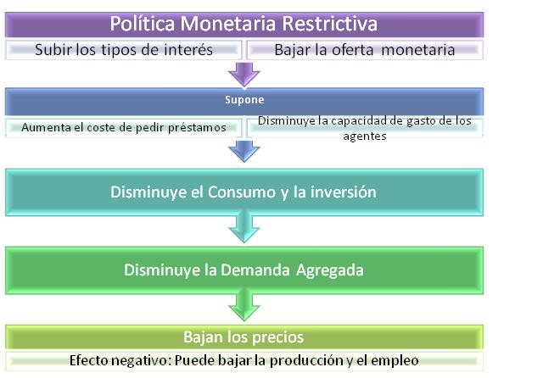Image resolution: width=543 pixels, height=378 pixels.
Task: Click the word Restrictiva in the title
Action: (329, 24)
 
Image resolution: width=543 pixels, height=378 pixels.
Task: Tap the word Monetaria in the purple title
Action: (228, 24)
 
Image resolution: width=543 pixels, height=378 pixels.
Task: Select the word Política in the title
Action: (143, 24)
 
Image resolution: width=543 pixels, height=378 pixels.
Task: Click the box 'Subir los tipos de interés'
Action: (123, 50)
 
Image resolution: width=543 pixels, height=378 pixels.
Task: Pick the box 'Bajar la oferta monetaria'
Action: (365, 50)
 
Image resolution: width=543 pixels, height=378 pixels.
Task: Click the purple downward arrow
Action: (244, 74)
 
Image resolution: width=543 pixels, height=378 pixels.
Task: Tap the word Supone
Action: (244, 100)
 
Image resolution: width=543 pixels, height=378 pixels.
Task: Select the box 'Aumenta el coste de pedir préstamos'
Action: (123, 128)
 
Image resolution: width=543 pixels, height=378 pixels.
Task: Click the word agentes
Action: (365, 136)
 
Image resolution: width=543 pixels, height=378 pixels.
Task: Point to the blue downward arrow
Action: (244, 151)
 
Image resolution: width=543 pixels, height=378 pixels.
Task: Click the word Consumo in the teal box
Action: (242, 192)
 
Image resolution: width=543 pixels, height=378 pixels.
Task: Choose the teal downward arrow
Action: (244, 227)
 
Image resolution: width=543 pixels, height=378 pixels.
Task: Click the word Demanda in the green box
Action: (255, 270)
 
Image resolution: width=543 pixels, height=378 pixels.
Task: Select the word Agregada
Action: (330, 271)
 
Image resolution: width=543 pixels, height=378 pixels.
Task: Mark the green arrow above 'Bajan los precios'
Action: (244, 306)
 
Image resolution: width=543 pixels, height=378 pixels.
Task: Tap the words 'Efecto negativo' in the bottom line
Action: (120, 360)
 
